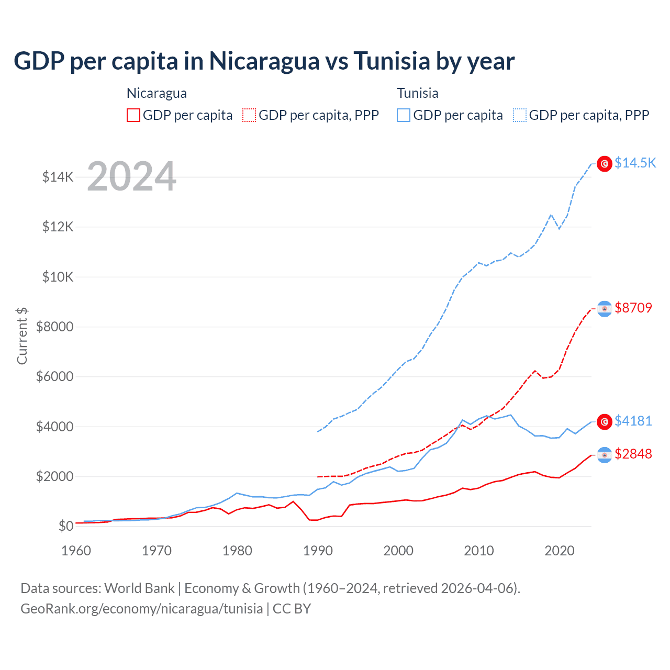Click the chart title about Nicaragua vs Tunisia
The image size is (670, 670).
point(264,61)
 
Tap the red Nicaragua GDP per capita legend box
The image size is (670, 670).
point(133,115)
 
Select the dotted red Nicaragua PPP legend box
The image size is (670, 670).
point(249,115)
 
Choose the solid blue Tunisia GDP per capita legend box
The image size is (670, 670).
point(404,115)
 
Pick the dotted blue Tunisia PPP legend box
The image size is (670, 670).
point(520,115)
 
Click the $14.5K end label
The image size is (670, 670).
point(635,163)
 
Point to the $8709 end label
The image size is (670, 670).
point(633,308)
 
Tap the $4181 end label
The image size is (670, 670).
point(633,421)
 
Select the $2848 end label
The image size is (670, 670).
point(633,454)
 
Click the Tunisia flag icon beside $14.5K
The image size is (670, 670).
point(605,164)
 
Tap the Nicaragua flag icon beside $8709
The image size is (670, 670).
point(605,309)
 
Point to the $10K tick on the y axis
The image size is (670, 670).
point(58,277)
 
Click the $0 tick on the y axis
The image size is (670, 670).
point(66,526)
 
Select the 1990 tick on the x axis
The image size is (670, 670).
point(318,551)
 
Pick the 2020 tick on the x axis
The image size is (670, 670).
point(560,551)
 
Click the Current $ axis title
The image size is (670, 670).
point(22,336)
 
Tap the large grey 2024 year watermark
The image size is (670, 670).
point(131,176)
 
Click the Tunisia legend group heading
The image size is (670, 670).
point(417,93)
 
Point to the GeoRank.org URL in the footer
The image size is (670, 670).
point(141,609)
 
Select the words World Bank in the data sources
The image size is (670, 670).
point(139,588)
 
